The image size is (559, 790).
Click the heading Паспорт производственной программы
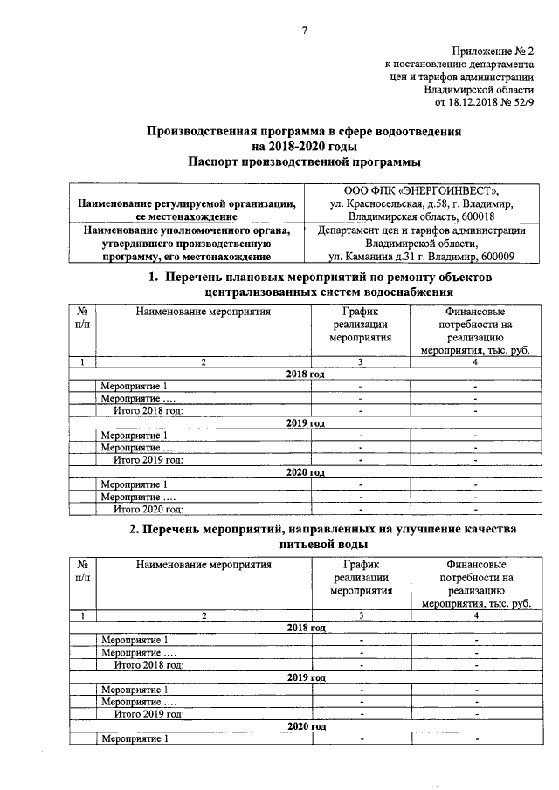coord(304,161)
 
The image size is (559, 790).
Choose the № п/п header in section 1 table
coord(82,318)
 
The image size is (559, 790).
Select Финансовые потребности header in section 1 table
coord(475,331)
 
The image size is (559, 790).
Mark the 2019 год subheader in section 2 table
coord(306,677)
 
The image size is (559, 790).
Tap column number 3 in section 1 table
coord(360,362)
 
